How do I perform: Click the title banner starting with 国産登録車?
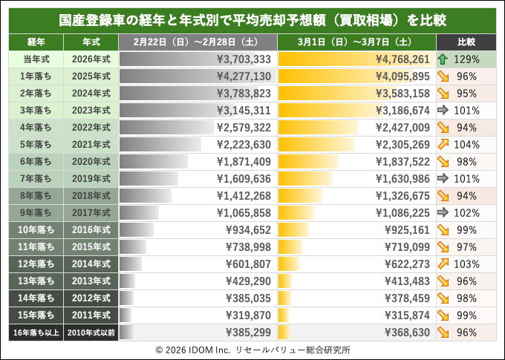(252, 18)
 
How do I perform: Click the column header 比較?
(466, 42)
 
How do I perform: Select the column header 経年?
(36, 42)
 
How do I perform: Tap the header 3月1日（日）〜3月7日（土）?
(356, 42)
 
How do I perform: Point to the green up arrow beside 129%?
(442, 59)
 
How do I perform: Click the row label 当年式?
(36, 59)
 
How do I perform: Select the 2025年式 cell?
(91, 76)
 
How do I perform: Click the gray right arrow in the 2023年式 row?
(442, 110)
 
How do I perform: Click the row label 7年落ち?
(36, 178)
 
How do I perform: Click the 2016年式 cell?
(91, 229)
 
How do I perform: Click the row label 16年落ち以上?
(36, 332)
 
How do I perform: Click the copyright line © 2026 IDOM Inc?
(252, 349)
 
